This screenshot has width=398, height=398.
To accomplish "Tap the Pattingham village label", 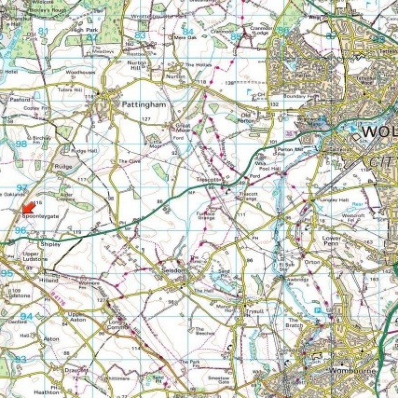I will point(144,105).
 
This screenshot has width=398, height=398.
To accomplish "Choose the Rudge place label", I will point(63,166).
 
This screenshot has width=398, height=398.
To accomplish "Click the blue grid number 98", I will point(21,144).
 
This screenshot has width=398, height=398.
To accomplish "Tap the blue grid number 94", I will point(26,316).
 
